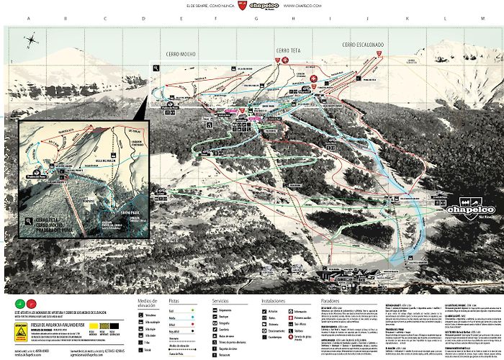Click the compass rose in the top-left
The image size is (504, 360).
[x=32, y=40]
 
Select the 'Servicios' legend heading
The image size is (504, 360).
[x=220, y=302]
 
